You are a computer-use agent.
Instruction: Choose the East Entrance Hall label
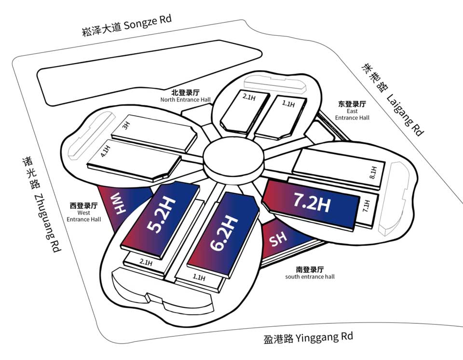pyautogui.click(x=352, y=110)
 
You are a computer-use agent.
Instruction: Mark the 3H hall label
pyautogui.click(x=126, y=127)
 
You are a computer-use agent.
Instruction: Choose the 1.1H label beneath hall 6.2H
pyautogui.click(x=198, y=278)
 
